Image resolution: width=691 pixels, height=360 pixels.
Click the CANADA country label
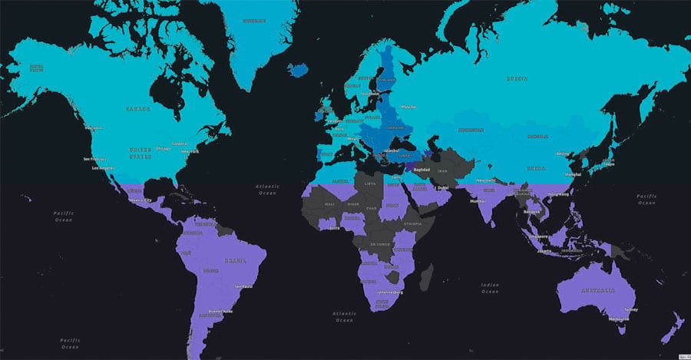tap(139, 109)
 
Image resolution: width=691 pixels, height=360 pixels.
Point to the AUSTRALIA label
tap(596, 291)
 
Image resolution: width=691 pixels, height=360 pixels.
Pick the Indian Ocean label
tap(489, 289)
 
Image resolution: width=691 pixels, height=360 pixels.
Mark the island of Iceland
tap(298, 70)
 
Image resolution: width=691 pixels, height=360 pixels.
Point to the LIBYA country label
tap(371, 184)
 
